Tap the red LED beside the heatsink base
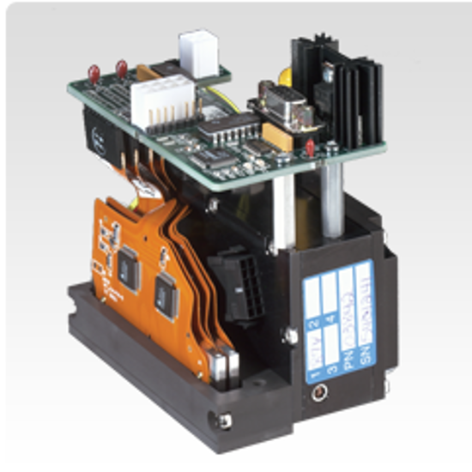[x=310, y=148]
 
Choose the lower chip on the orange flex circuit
[x=166, y=296]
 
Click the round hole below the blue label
[x=321, y=394]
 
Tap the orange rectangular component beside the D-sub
[x=279, y=133]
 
